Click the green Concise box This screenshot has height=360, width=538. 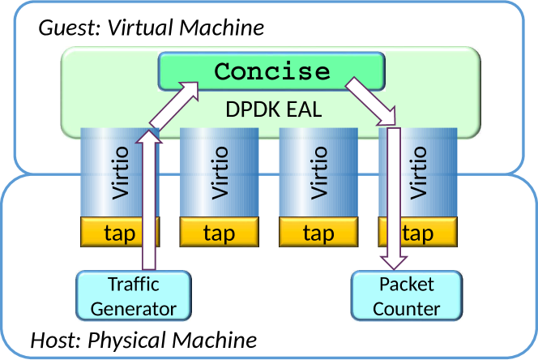tap(271, 71)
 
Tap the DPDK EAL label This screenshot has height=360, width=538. tap(274, 109)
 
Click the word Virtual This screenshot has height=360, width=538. tap(141, 27)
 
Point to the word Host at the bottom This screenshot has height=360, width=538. tap(55, 340)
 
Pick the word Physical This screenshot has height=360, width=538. tap(127, 341)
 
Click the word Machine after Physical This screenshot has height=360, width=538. tap(215, 340)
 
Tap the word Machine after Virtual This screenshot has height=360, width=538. tap(222, 27)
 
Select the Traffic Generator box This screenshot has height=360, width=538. tap(134, 296)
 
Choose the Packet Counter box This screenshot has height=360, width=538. tap(407, 296)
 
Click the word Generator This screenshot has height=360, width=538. tap(134, 308)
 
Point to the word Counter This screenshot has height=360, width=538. tap(407, 308)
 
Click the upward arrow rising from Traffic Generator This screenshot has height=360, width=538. tap(149, 200)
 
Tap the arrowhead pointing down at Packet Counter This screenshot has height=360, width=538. tap(394, 263)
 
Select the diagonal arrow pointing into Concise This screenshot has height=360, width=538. tap(174, 105)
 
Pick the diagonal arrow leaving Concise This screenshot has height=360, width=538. tap(370, 101)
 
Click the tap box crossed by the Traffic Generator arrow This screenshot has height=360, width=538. tap(120, 232)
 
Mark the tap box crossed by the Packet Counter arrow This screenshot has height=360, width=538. tap(417, 232)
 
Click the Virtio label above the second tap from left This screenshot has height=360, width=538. tap(220, 173)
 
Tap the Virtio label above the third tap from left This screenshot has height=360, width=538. tap(318, 173)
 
